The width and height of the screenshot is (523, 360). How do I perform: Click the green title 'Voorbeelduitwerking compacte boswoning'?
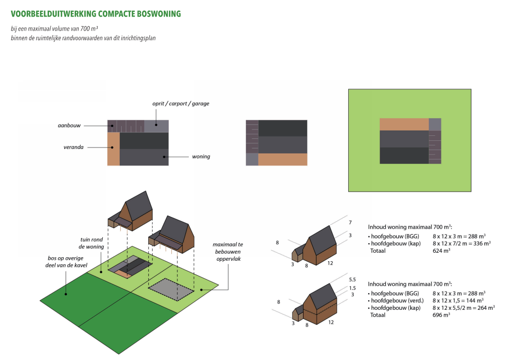pyautogui.click(x=96, y=14)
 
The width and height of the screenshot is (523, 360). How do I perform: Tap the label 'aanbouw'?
pyautogui.click(x=69, y=125)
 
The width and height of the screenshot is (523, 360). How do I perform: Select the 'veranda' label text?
pyautogui.click(x=73, y=147)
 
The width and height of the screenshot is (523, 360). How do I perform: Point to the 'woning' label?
pyautogui.click(x=201, y=156)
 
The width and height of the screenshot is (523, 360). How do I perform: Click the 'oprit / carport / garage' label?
pyautogui.click(x=181, y=103)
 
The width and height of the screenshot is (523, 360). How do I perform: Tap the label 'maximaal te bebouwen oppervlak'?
pyautogui.click(x=228, y=252)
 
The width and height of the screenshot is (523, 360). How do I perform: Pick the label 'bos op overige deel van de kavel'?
pyautogui.click(x=66, y=262)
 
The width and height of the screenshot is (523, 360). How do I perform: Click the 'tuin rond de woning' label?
pyautogui.click(x=91, y=243)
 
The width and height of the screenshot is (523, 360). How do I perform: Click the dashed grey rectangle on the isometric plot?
pyautogui.click(x=171, y=289)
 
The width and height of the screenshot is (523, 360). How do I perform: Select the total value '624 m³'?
pyautogui.click(x=441, y=251)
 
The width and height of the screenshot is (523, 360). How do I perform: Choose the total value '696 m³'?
pyautogui.click(x=441, y=315)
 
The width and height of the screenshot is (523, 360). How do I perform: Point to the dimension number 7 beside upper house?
pyautogui.click(x=350, y=223)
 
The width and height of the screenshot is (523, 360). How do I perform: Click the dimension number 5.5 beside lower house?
pyautogui.click(x=352, y=279)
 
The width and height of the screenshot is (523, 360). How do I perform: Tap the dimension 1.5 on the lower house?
pyautogui.click(x=352, y=288)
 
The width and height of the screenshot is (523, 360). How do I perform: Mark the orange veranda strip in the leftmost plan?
pyautogui.click(x=113, y=149)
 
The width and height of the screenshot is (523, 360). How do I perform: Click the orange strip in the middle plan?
pyautogui.click(x=283, y=159)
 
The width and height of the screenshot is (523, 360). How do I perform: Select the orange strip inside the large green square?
pyautogui.click(x=404, y=124)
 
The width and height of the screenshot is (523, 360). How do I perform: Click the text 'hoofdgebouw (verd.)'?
pyautogui.click(x=397, y=300)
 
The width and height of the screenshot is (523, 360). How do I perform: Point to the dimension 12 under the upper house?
pyautogui.click(x=330, y=263)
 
